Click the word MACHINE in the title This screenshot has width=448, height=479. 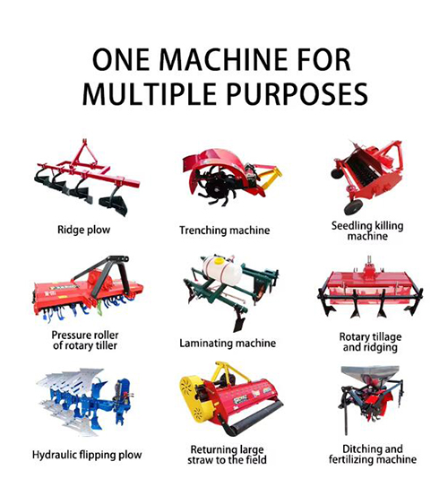223,59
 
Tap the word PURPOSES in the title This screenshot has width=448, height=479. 297,93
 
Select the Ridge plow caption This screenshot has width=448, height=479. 83,230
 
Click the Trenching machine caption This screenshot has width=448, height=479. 224,231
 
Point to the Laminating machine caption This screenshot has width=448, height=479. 228,344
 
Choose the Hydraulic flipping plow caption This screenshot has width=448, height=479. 87,455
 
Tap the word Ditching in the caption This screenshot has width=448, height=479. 359,449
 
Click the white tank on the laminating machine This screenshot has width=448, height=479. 221,269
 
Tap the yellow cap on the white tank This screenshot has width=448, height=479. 219,261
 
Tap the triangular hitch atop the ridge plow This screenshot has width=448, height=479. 84,152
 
